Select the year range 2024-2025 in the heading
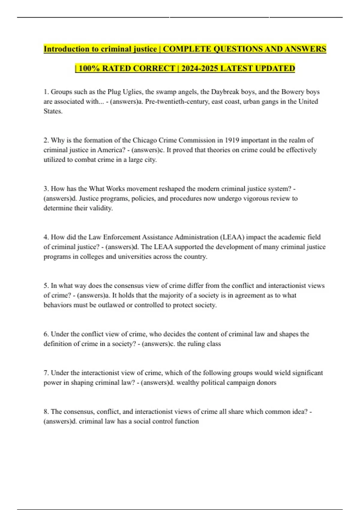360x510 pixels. [x=200, y=68]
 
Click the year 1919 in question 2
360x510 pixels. [x=232, y=140]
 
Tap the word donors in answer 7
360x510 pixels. [x=266, y=382]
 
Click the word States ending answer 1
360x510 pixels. [x=53, y=111]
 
